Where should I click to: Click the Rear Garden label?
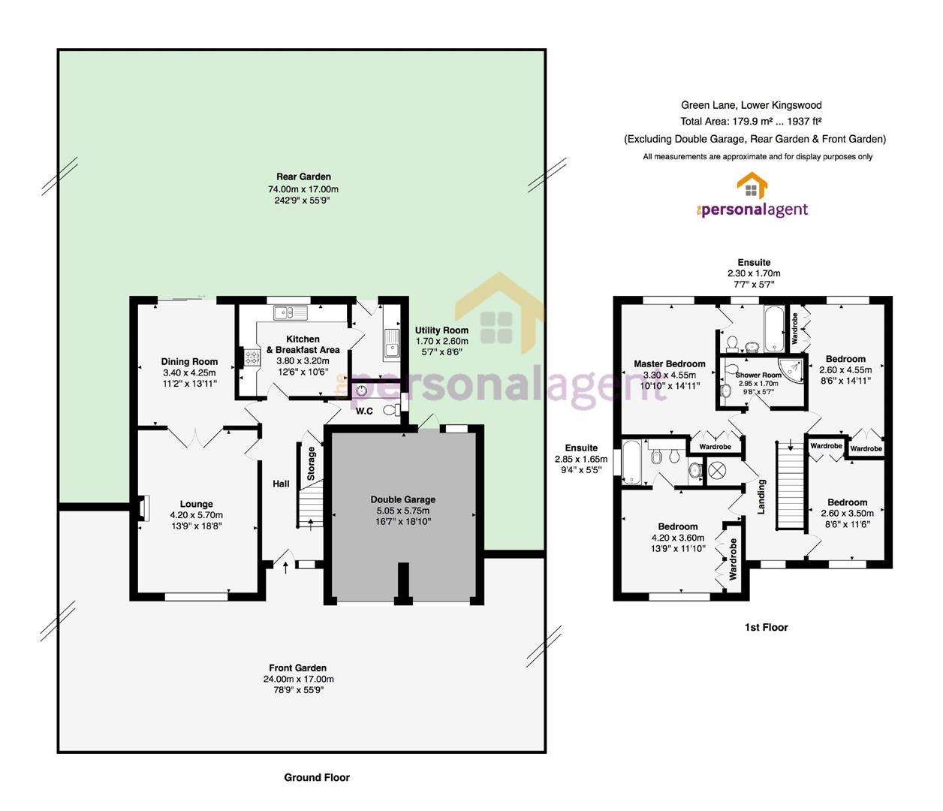[x=303, y=176]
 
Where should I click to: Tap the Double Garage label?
[x=403, y=499]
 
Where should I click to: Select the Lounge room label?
[x=196, y=504]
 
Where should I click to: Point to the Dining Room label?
[x=189, y=361]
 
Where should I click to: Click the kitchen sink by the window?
[x=290, y=312]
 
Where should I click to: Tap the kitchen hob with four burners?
[x=252, y=357]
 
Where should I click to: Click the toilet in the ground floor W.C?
[x=390, y=410]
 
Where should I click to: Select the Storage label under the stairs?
[x=311, y=463]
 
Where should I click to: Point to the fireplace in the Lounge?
[x=143, y=508]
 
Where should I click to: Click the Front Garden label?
[x=297, y=668]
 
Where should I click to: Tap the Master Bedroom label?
[x=669, y=363]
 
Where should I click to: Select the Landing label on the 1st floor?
[x=761, y=496]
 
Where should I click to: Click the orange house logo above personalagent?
[x=752, y=185]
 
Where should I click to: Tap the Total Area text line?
[x=751, y=122]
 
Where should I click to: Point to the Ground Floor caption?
[x=317, y=777]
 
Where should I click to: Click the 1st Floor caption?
[x=766, y=627]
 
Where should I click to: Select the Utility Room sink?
[x=391, y=343]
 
